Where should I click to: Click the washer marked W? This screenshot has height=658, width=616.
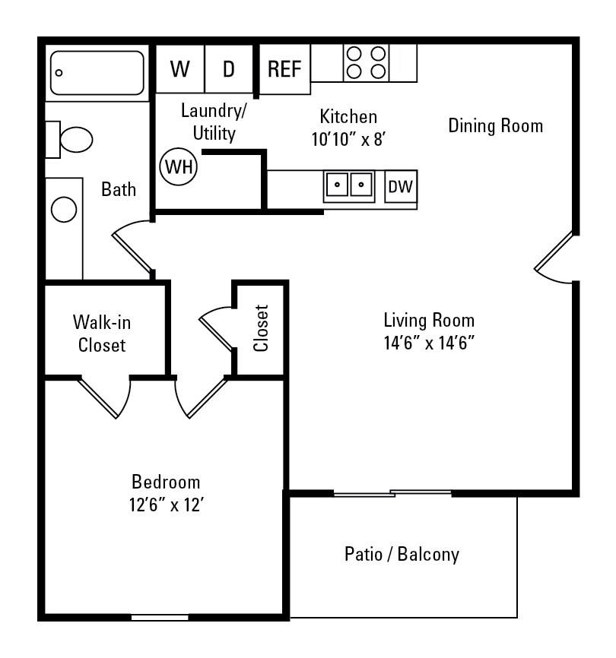180,69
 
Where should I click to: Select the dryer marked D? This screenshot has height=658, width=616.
229,69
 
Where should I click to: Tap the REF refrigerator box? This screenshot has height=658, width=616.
285,69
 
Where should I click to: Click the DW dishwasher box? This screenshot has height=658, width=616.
401,186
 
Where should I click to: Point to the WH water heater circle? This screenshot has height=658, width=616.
179,166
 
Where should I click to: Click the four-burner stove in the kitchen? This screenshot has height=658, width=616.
366,62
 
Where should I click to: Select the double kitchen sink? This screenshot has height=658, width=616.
349,185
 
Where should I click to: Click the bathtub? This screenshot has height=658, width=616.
97,73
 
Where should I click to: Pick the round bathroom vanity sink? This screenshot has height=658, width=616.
64,209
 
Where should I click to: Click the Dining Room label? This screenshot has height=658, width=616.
496,125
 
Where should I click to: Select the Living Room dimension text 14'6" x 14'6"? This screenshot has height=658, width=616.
429,342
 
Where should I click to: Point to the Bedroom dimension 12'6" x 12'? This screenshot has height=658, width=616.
166,504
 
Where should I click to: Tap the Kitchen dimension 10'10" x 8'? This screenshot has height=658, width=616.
349,139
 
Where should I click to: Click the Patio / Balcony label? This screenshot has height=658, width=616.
402,554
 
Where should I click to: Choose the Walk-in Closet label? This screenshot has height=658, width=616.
102,334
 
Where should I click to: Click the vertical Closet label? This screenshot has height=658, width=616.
262,328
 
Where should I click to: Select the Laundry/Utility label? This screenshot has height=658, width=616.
214,122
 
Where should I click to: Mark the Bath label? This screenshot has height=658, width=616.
119,189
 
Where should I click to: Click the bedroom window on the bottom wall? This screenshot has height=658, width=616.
160,617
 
